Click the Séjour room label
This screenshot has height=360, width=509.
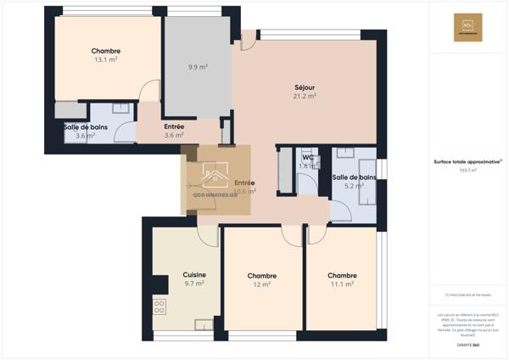[x=305, y=87]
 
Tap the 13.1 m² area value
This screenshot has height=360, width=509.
[x=106, y=60]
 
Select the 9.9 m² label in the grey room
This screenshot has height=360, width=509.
[x=198, y=66]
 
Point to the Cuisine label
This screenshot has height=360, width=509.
[x=194, y=275]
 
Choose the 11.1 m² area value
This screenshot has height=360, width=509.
[x=342, y=284]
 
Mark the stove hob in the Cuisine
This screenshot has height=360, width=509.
[x=159, y=305]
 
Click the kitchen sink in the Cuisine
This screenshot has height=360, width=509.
[x=204, y=324]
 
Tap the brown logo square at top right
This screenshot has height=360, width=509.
[x=468, y=27]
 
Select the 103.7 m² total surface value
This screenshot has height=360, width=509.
[x=467, y=170]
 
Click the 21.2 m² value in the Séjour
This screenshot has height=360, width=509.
[x=305, y=96]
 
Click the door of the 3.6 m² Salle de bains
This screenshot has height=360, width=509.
[x=125, y=130]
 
